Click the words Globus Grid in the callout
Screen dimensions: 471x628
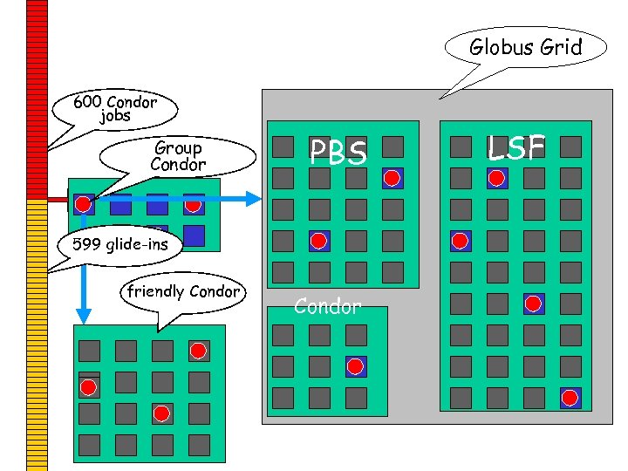525,47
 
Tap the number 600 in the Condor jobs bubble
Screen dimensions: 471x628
87,102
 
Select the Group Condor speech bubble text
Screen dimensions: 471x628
178,156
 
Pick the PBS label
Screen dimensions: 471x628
338,154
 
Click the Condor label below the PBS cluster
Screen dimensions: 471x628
327,306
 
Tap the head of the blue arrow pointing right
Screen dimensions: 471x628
254,199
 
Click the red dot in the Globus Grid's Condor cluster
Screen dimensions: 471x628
355,366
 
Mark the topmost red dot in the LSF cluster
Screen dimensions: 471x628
496,179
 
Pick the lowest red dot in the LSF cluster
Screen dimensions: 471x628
570,398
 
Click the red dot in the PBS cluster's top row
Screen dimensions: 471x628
392,178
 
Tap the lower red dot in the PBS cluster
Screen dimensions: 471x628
319,241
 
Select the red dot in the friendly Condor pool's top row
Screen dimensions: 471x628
198,351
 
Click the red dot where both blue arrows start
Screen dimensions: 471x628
83,204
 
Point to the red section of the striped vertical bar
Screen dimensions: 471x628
37,96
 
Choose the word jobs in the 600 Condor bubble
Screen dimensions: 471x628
115,116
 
